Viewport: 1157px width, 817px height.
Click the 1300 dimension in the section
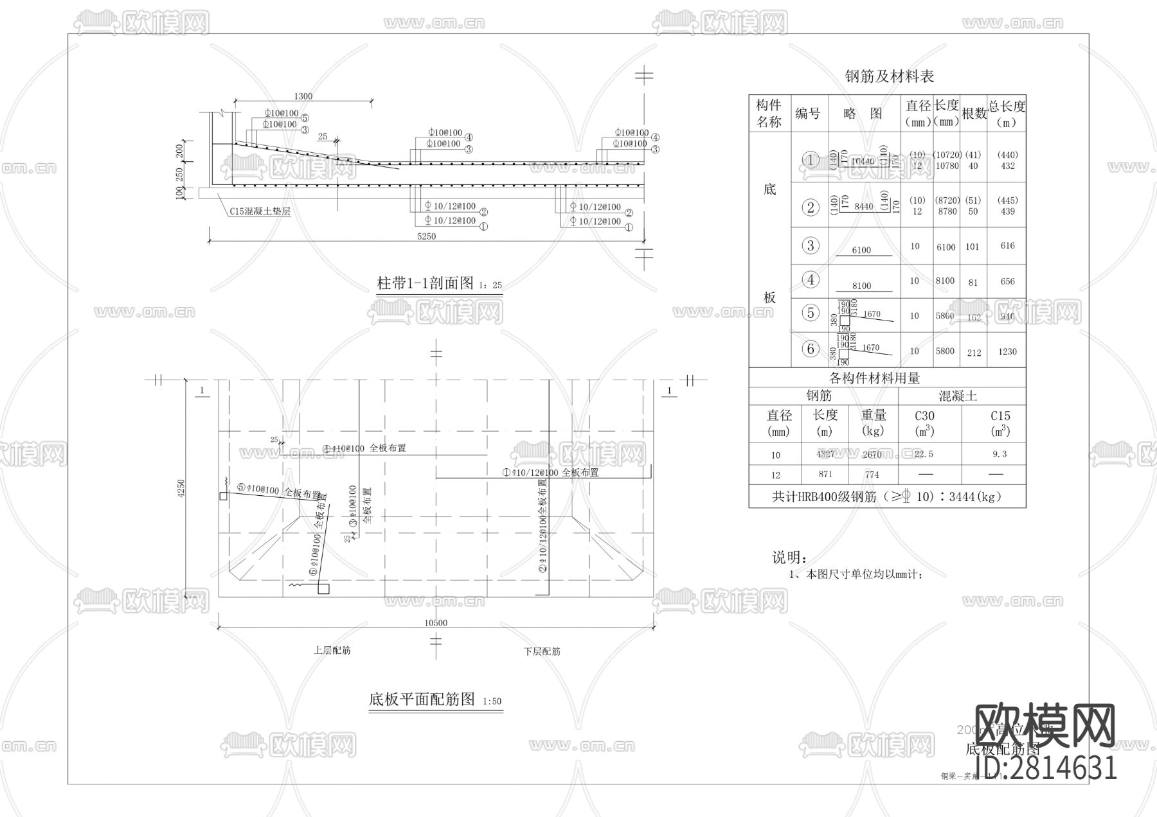[x=303, y=96]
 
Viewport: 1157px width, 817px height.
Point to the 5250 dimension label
[x=426, y=236]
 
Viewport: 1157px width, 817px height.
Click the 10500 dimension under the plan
[x=435, y=622]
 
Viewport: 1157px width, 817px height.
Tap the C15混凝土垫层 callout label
[x=260, y=211]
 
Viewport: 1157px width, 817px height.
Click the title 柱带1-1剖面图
[x=425, y=283]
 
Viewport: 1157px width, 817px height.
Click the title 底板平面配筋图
[x=422, y=699]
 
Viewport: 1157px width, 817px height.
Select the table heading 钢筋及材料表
[x=889, y=76]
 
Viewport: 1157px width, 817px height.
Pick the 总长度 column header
[x=1007, y=113]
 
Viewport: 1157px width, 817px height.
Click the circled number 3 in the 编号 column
[x=810, y=245]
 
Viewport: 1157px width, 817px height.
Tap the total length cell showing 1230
[x=1007, y=351]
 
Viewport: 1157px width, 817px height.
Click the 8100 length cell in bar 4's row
[x=945, y=281]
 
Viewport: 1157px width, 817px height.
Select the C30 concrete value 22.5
[x=924, y=454]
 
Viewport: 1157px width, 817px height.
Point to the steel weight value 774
[x=872, y=475]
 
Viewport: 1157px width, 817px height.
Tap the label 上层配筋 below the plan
[x=332, y=650]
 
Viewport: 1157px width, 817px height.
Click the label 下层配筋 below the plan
[x=542, y=651]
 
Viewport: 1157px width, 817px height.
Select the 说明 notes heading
[x=789, y=558]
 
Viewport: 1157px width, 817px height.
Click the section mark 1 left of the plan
[x=202, y=391]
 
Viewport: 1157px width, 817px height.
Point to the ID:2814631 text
[x=1046, y=768]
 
